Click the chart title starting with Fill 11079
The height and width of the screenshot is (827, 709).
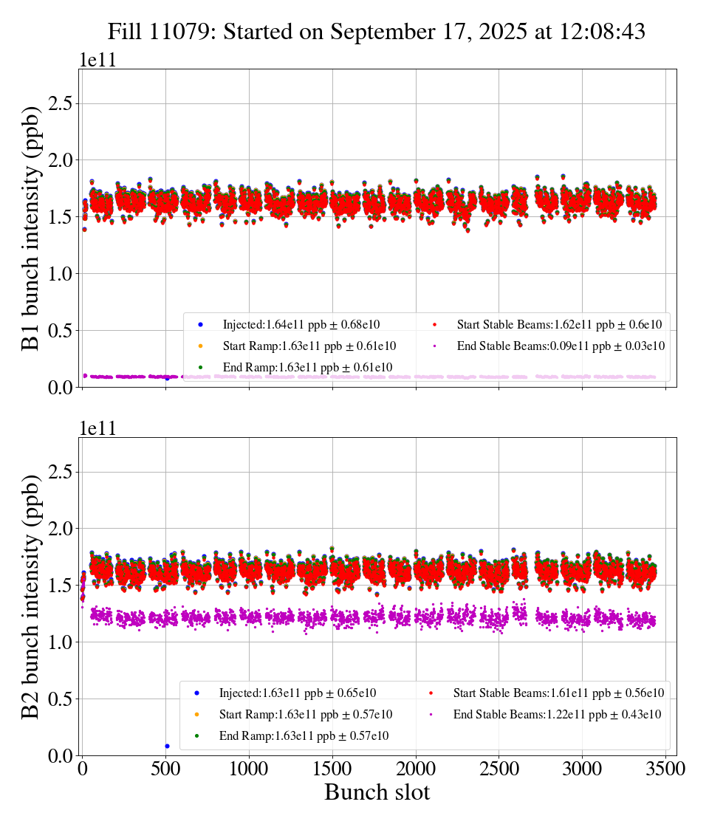[377, 32]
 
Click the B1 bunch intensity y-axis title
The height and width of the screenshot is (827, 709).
[31, 228]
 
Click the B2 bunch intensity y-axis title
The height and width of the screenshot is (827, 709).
[31, 597]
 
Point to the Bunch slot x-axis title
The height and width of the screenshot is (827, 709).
[377, 793]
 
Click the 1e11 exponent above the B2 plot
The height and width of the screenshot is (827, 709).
[97, 429]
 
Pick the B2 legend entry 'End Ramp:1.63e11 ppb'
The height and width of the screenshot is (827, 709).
[304, 736]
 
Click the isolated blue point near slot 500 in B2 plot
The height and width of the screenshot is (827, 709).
[167, 746]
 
